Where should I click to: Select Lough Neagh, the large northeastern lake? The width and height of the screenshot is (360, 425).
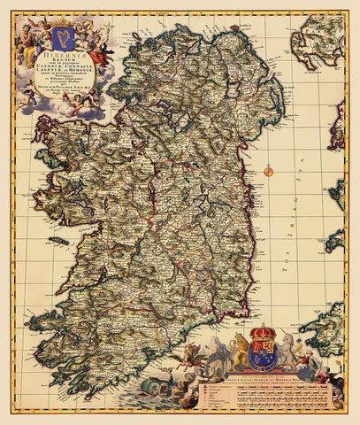click(227, 96)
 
